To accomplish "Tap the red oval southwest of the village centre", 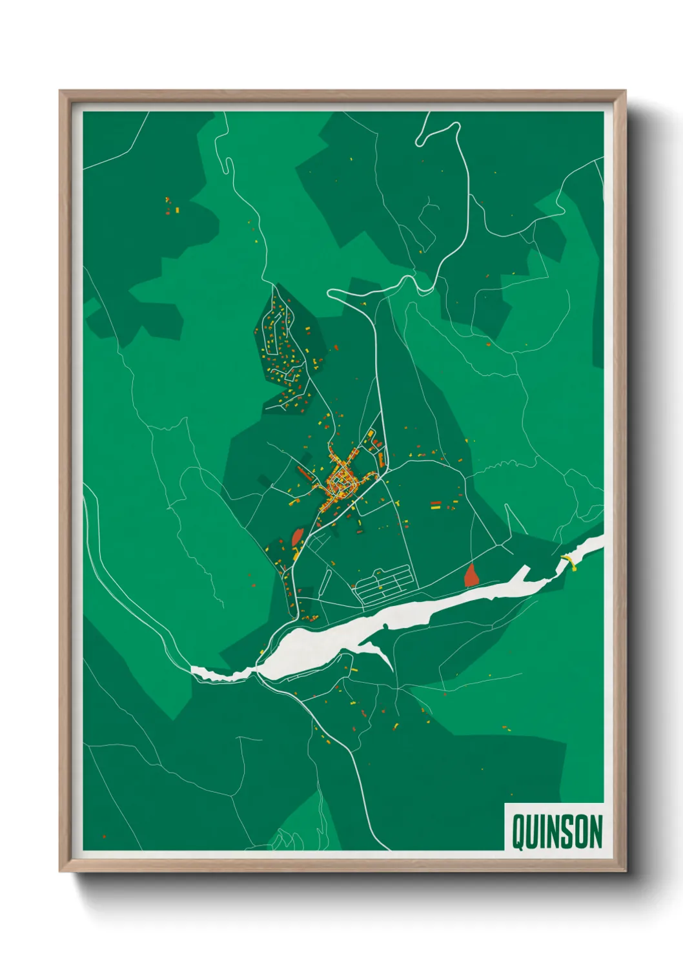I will point(298,537).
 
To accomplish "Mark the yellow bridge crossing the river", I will point(569,561).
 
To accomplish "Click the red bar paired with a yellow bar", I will point(436,504).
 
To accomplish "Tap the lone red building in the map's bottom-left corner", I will point(104,836).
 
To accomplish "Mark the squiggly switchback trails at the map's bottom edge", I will point(284,840).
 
